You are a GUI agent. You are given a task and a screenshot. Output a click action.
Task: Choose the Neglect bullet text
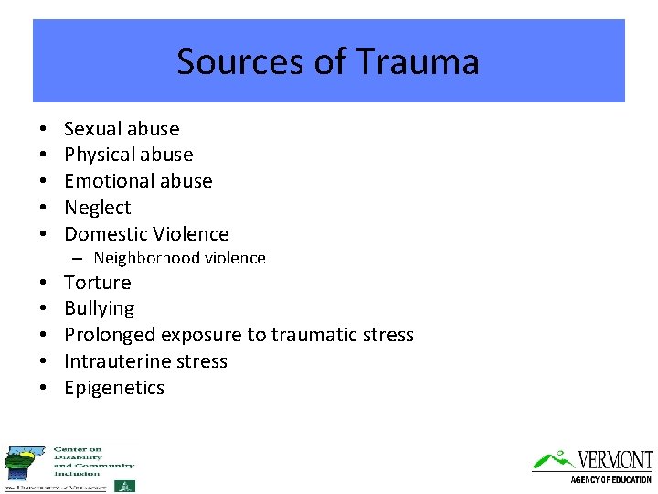pos(98,208)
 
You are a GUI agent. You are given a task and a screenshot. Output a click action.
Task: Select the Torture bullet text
pos(98,283)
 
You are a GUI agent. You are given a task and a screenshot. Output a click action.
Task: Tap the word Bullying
pos(99,309)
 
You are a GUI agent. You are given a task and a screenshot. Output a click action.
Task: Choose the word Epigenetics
pos(114,388)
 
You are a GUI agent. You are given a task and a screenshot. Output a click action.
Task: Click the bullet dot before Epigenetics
pos(43,388)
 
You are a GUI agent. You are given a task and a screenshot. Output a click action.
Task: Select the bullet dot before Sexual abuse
pos(43,129)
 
